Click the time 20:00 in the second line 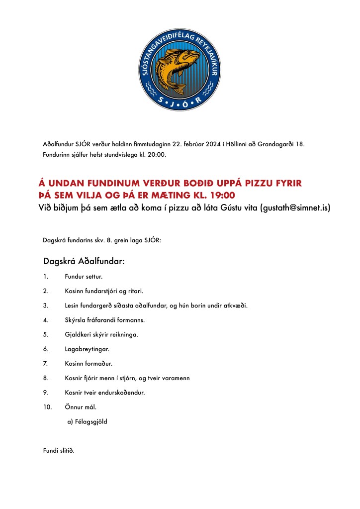157,155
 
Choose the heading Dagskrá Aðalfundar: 84,261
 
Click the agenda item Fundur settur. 84,276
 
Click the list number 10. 48,407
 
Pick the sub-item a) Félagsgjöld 87,421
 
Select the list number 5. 46,334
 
